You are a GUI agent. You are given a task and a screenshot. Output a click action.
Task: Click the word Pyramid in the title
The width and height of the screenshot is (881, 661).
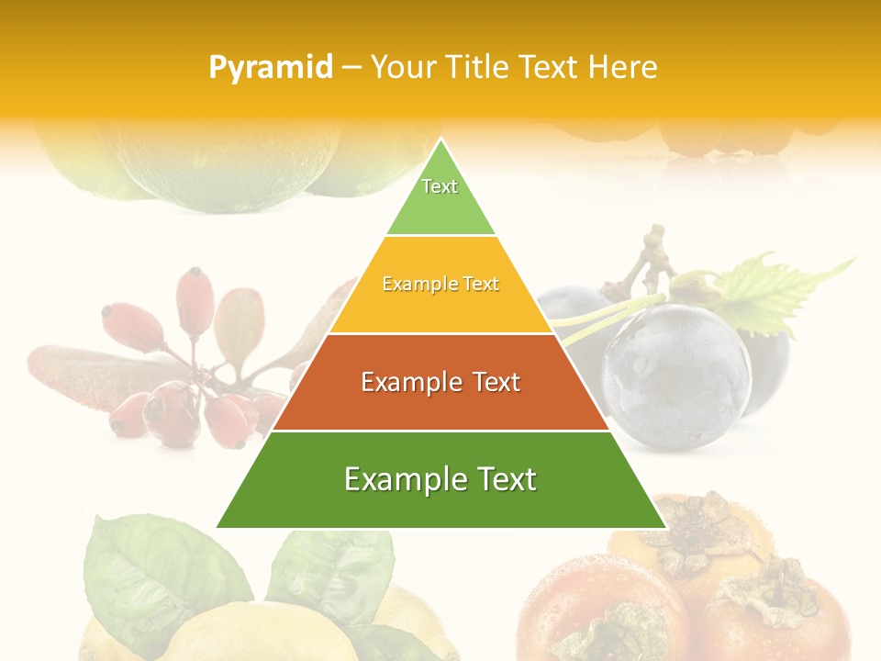coord(271,68)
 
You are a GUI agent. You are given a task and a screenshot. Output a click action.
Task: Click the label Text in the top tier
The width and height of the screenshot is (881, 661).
coord(440,186)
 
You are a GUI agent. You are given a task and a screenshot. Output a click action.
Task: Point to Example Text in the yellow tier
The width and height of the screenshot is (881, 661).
coord(440,284)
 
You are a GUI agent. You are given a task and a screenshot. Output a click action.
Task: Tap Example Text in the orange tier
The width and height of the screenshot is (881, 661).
coord(440,382)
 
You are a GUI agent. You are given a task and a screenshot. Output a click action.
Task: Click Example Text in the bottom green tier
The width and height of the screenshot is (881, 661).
coord(440,479)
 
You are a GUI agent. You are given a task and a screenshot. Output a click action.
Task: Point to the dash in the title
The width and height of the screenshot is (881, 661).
coord(351,68)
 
